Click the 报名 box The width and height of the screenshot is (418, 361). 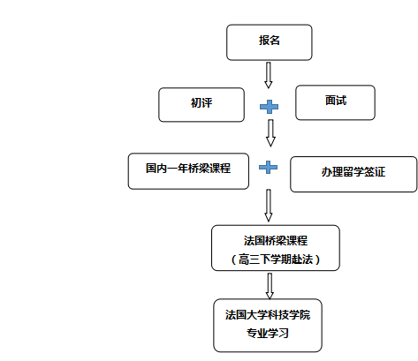pos(270,42)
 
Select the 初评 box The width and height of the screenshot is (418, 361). pos(201,105)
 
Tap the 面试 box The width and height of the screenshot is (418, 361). pos(335,102)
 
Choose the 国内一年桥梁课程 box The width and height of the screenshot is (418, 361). pos(188,171)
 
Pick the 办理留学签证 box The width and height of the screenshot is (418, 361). pos(353,175)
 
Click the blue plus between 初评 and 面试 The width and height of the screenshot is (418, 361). pos(269,107)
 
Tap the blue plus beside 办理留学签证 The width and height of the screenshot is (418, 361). pos(268,167)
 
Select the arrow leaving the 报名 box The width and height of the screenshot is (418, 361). pos(268,75)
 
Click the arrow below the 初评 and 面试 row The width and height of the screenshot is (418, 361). pos(270,133)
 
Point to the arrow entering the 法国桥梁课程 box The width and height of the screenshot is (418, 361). pos(269,206)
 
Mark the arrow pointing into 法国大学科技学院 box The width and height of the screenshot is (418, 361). pos(270,286)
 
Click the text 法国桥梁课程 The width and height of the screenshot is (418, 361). pos(276,241)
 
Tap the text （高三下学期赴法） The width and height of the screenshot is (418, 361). pos(276,259)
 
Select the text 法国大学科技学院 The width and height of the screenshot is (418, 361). pos(268,315)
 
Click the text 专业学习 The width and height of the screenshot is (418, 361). pos(268,334)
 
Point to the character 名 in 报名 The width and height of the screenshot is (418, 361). pos(275,41)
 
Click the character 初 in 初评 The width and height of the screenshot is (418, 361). pos(196,103)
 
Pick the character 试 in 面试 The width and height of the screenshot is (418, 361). pos(341,101)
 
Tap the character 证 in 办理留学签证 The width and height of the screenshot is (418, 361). pos(380,172)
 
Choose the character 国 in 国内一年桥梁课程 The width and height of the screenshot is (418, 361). pos(151,169)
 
